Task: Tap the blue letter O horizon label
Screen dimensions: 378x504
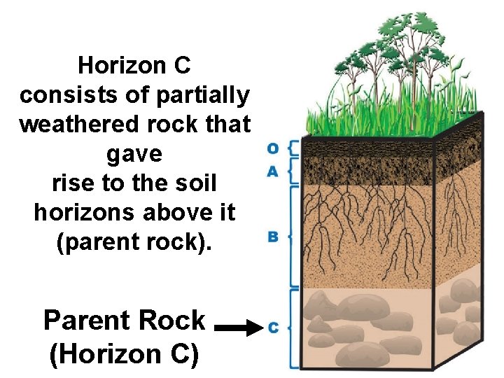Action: pyautogui.click(x=273, y=148)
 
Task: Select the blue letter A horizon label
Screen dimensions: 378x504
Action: pyautogui.click(x=273, y=171)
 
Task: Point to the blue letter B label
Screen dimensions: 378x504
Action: pyautogui.click(x=273, y=237)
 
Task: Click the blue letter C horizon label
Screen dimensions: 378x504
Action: pyautogui.click(x=273, y=328)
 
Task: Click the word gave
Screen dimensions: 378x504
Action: pyautogui.click(x=135, y=153)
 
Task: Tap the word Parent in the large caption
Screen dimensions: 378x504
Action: pyautogui.click(x=84, y=321)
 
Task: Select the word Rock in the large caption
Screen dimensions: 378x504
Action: pyautogui.click(x=172, y=321)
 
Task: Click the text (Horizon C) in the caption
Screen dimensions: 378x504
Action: pyautogui.click(x=124, y=354)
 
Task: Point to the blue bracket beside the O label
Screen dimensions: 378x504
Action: pyautogui.click(x=293, y=148)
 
